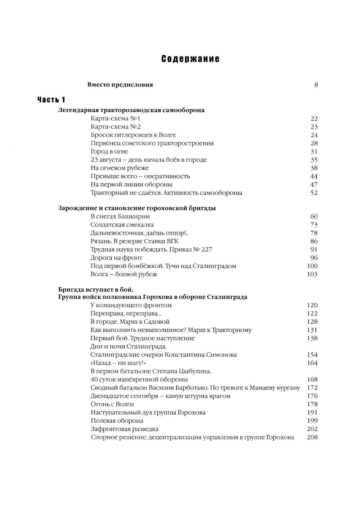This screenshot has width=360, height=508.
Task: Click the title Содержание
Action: [x=190, y=59]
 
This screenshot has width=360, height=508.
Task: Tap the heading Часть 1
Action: [x=51, y=100]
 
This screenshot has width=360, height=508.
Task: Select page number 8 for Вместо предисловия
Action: [x=316, y=85]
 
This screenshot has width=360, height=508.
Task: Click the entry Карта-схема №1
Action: [x=116, y=118]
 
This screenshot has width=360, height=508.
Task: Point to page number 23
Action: [x=314, y=127]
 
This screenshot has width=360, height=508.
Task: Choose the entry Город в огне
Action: [x=109, y=152]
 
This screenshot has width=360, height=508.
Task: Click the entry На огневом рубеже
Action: [x=120, y=168]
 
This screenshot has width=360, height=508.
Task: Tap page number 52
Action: [x=314, y=193]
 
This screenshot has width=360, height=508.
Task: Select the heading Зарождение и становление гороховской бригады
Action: [x=137, y=208]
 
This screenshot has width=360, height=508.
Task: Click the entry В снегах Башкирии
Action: [x=120, y=216]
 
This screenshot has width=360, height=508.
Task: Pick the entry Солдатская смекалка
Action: [x=122, y=225]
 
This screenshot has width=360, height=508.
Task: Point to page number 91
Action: [x=314, y=249]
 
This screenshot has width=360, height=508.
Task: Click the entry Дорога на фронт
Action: [x=117, y=258]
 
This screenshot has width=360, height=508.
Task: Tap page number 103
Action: [x=312, y=274]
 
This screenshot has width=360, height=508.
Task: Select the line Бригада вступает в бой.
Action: [x=96, y=289]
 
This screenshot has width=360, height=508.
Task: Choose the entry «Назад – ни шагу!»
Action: [x=116, y=363]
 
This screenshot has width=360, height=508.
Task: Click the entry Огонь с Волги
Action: [x=112, y=404]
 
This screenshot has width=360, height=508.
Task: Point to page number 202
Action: [x=312, y=429]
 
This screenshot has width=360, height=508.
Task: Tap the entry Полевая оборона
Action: [x=117, y=421]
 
